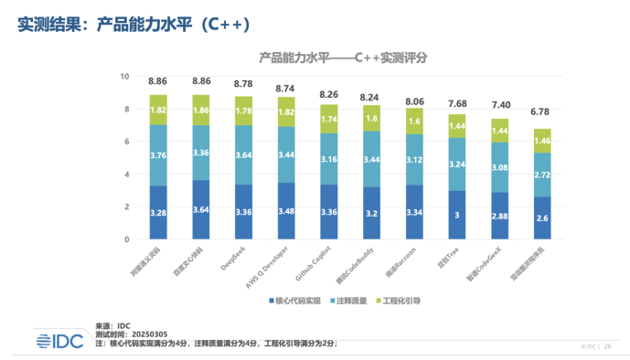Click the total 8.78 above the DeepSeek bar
(243, 82)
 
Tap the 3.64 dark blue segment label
(201, 211)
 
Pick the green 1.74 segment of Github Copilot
(329, 119)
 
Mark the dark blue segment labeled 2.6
(542, 218)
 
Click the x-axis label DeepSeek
(233, 259)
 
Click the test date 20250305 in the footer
(149, 334)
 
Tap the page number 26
(608, 346)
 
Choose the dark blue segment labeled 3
(457, 216)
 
